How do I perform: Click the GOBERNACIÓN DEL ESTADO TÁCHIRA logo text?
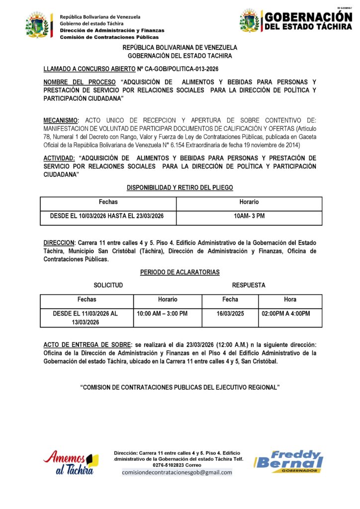click(308, 21)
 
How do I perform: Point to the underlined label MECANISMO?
click(61, 120)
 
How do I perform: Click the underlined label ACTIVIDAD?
click(59, 158)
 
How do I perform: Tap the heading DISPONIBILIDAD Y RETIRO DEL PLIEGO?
click(180, 187)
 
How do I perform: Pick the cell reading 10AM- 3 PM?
click(249, 217)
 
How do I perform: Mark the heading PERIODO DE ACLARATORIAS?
click(180, 272)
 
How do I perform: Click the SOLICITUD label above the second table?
click(108, 285)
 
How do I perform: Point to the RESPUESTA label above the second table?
click(249, 285)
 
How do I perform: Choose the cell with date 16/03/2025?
click(230, 314)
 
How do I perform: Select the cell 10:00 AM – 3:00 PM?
click(162, 314)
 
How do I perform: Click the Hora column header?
click(290, 300)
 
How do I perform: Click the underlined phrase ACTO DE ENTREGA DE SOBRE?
click(88, 345)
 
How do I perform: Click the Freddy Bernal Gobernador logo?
click(289, 461)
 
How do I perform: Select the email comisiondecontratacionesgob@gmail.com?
click(177, 472)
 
